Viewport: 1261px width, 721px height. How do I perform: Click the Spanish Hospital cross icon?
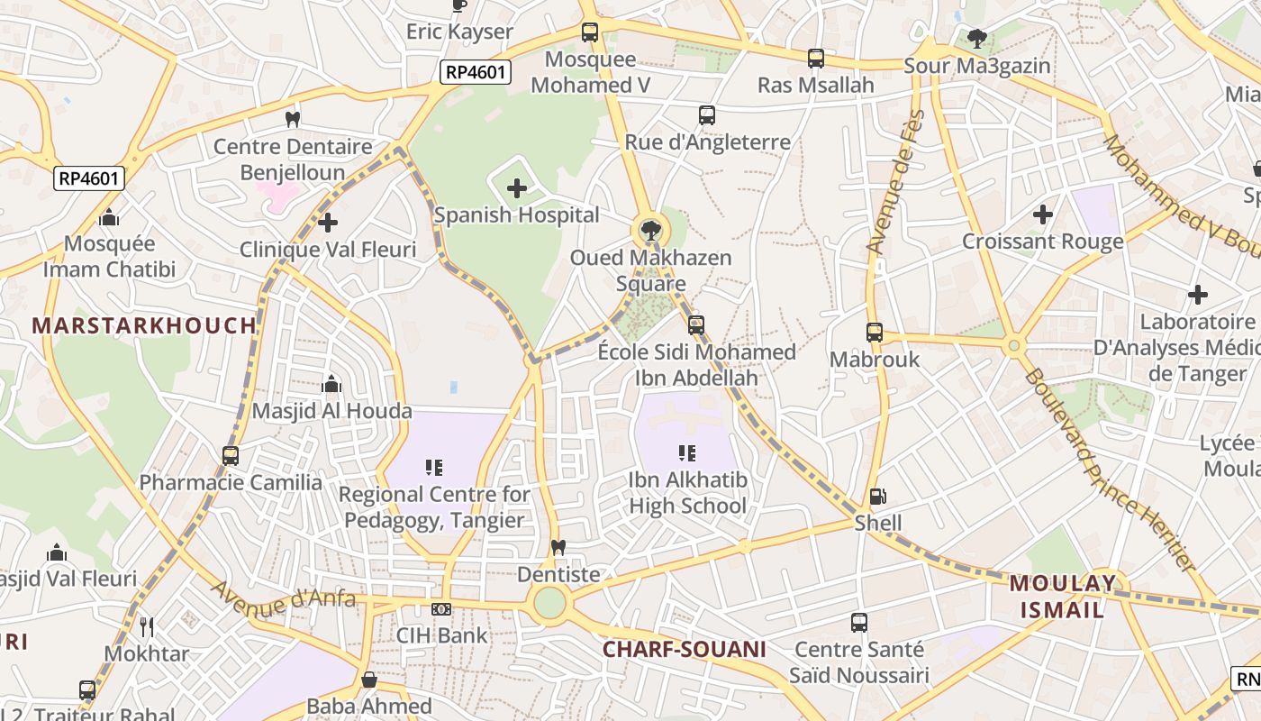517,188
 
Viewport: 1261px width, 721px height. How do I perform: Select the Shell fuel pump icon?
877,497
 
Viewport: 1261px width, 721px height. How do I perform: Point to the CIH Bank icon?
441,609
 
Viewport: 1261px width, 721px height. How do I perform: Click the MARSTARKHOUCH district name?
144,326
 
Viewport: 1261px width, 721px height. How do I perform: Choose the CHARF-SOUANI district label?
684,649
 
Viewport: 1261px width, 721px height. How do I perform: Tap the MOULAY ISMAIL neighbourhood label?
1062,596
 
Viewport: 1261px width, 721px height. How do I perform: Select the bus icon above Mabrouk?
875,333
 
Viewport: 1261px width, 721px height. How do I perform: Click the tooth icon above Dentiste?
558,547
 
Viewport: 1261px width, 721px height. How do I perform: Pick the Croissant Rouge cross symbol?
1043,214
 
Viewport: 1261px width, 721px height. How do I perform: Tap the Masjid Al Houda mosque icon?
331,385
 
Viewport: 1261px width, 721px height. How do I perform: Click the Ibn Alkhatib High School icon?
687,452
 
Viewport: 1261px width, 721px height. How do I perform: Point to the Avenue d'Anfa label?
284,596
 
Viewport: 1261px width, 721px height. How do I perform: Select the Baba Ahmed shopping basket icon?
368,680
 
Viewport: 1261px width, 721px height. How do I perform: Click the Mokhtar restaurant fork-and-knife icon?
147,627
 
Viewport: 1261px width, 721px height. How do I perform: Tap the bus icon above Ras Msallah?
816,59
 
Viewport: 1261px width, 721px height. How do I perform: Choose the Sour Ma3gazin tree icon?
977,39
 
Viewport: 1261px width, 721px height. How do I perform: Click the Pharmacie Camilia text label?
231,482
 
